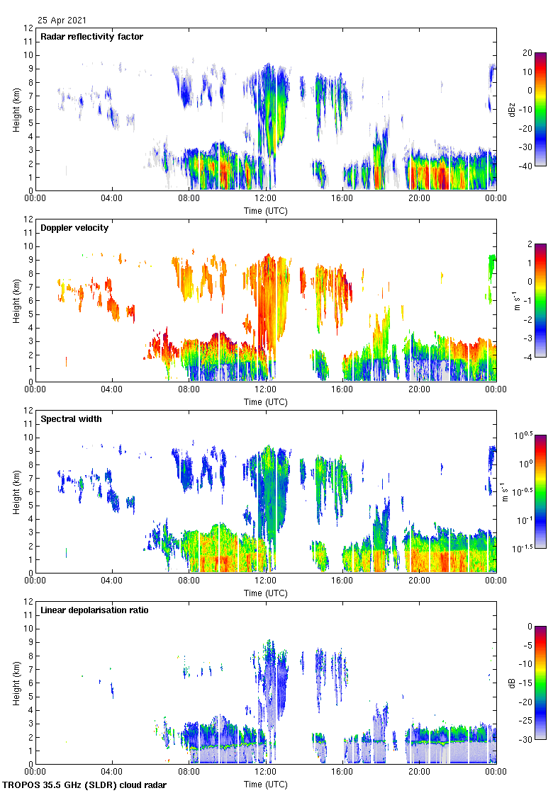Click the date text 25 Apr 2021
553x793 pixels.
(63, 21)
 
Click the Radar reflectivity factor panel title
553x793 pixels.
(91, 36)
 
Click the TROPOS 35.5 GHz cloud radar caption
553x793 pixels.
(85, 785)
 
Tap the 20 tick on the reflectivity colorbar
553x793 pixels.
(527, 53)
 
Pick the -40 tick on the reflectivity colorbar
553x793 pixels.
(527, 166)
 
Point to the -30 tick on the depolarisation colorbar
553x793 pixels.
(527, 740)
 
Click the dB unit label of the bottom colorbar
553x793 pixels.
(510, 683)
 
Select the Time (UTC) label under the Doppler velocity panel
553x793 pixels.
(266, 401)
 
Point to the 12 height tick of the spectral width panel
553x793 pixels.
(28, 411)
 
